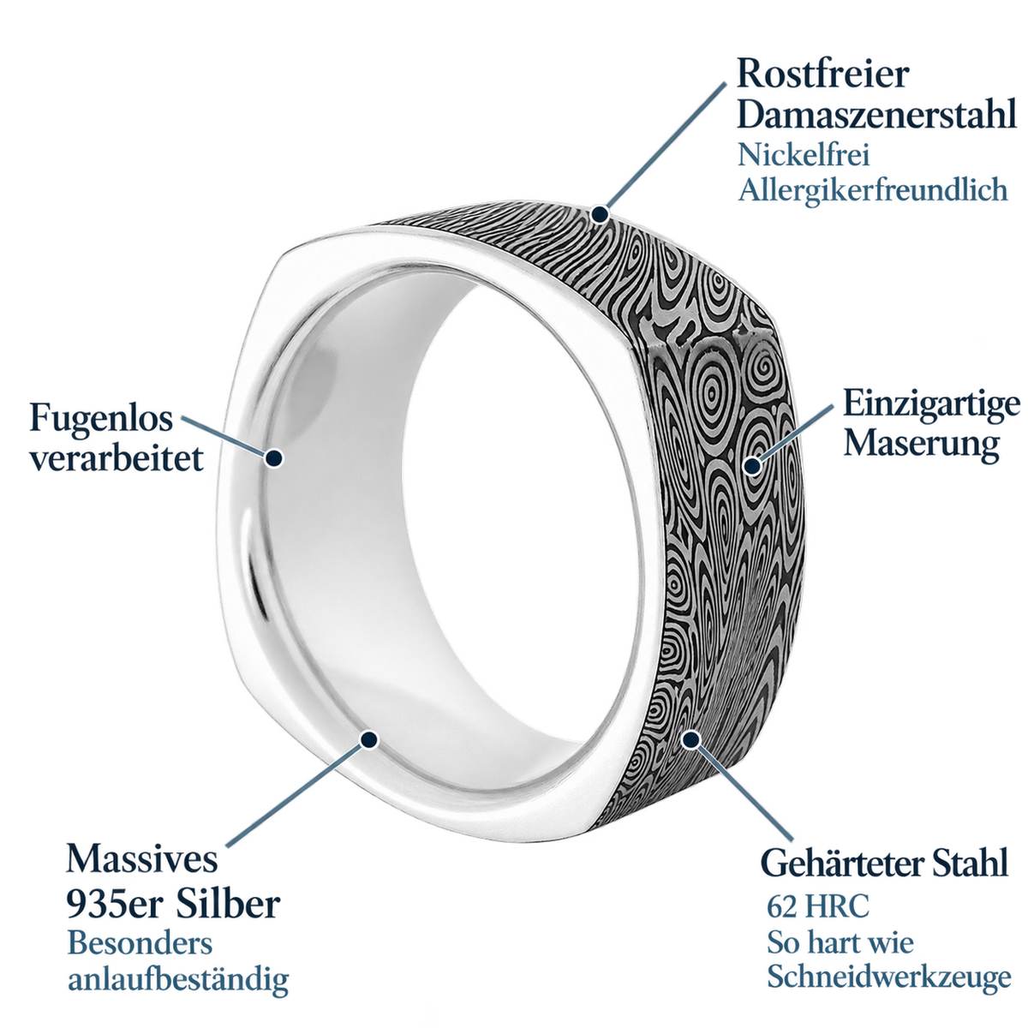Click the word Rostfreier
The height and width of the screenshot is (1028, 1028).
[x=822, y=75]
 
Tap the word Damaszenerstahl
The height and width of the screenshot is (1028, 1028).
[x=876, y=113]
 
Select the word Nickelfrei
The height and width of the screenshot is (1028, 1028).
[x=804, y=155]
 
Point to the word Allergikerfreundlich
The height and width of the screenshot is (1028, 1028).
[x=873, y=190]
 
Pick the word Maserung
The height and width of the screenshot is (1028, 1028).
[x=921, y=445]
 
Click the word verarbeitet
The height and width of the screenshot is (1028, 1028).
[x=117, y=457]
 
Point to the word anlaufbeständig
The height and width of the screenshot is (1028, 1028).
[x=178, y=980]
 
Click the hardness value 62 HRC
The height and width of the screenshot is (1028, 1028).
[x=818, y=906]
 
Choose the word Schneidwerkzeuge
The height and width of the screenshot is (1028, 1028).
[x=888, y=977]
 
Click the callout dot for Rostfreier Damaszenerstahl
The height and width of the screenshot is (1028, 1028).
[x=601, y=214]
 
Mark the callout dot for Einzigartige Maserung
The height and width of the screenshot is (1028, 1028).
[x=753, y=466]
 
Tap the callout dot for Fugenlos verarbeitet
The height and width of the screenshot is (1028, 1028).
[x=274, y=457]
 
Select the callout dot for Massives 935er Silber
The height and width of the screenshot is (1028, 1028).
[x=369, y=738]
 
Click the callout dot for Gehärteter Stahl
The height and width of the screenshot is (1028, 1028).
[x=691, y=738]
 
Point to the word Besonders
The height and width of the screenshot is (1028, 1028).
[x=140, y=943]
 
